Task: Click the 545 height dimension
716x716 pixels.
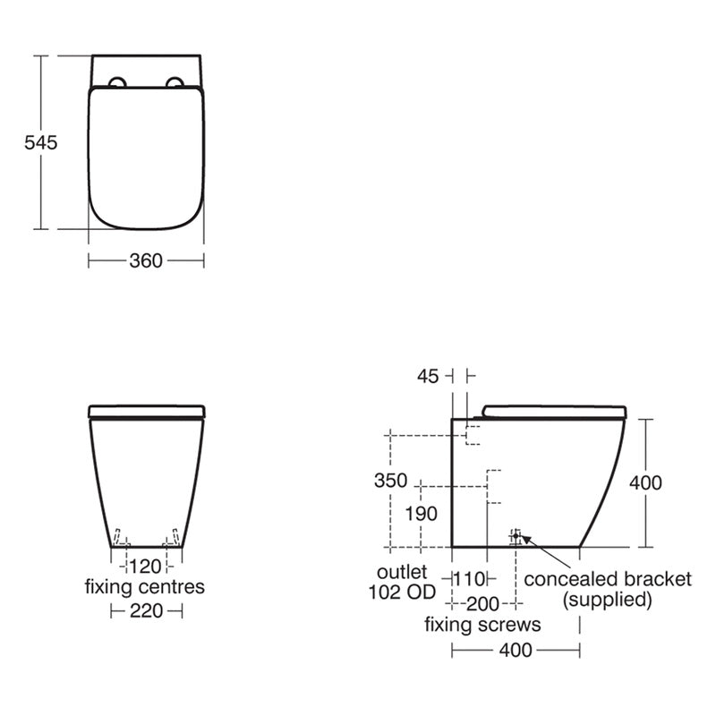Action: (39, 142)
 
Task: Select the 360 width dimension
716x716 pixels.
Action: (146, 260)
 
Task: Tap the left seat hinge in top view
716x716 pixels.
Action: (117, 84)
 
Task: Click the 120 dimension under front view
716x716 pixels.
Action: (145, 566)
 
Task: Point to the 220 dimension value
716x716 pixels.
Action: (146, 610)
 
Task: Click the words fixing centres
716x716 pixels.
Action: (145, 588)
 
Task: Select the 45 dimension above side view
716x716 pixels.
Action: (428, 377)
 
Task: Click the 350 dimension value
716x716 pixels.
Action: (390, 481)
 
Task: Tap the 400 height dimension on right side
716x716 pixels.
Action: (645, 483)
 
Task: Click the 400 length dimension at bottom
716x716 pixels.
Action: (516, 650)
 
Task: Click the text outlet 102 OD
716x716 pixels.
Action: (401, 582)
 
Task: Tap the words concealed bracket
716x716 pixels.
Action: (608, 579)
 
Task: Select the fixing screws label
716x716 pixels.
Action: (482, 624)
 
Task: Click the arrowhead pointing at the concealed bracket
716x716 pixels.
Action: (524, 538)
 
